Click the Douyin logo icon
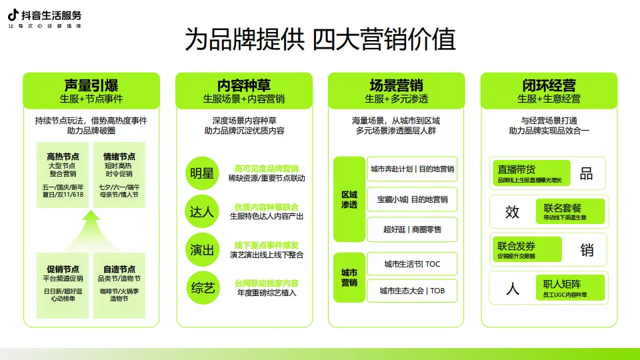13,15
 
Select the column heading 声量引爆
91,85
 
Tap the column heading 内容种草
244,85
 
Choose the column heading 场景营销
396,85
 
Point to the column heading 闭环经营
549,85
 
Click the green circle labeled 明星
203,173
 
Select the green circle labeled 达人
203,212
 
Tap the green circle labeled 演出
203,250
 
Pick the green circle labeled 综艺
203,287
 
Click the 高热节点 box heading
63,156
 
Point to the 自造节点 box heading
119,269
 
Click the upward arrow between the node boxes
91,227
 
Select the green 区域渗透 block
349,199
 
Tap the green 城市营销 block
349,277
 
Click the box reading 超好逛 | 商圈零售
412,229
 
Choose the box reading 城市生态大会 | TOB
412,291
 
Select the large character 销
587,250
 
